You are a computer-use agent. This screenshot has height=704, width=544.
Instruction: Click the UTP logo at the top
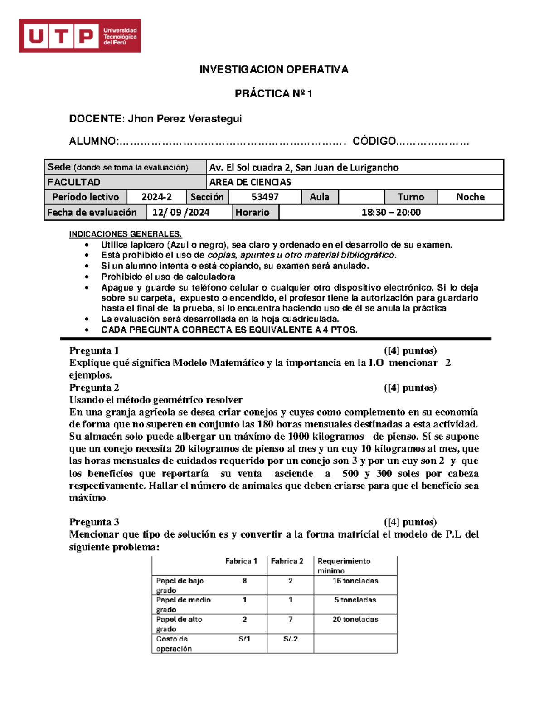point(80,36)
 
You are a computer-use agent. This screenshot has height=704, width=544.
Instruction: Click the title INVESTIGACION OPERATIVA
point(274,69)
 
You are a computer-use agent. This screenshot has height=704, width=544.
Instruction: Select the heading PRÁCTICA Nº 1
point(273,94)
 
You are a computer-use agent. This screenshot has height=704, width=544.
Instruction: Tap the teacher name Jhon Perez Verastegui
point(185,119)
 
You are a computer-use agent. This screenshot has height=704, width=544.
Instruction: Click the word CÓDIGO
point(374,141)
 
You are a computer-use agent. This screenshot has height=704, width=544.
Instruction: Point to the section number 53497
point(265,197)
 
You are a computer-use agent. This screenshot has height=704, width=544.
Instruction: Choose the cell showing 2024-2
point(156,197)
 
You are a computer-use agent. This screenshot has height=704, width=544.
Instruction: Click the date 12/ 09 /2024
point(181,213)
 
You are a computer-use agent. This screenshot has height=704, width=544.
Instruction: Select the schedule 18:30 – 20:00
point(391,213)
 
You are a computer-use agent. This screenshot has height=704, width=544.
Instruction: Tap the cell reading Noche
point(470,197)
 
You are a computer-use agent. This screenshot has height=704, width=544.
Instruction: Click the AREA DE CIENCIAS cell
point(250,182)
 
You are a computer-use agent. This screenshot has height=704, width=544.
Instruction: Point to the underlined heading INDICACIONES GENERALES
point(125,234)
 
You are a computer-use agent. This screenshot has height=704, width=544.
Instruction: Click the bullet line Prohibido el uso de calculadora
point(168,277)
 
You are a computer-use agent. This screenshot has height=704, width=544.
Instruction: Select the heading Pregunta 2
point(94,388)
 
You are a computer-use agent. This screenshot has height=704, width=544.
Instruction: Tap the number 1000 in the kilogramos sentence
point(298,437)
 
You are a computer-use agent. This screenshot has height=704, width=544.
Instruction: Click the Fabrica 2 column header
point(287,561)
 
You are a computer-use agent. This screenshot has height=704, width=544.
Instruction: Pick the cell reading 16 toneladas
point(355,581)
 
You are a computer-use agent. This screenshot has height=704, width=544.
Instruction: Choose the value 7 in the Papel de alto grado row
point(290,619)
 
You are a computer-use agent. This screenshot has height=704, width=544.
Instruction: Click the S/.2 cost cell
point(291,639)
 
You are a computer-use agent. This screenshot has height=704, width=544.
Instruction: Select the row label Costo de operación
point(174,644)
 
